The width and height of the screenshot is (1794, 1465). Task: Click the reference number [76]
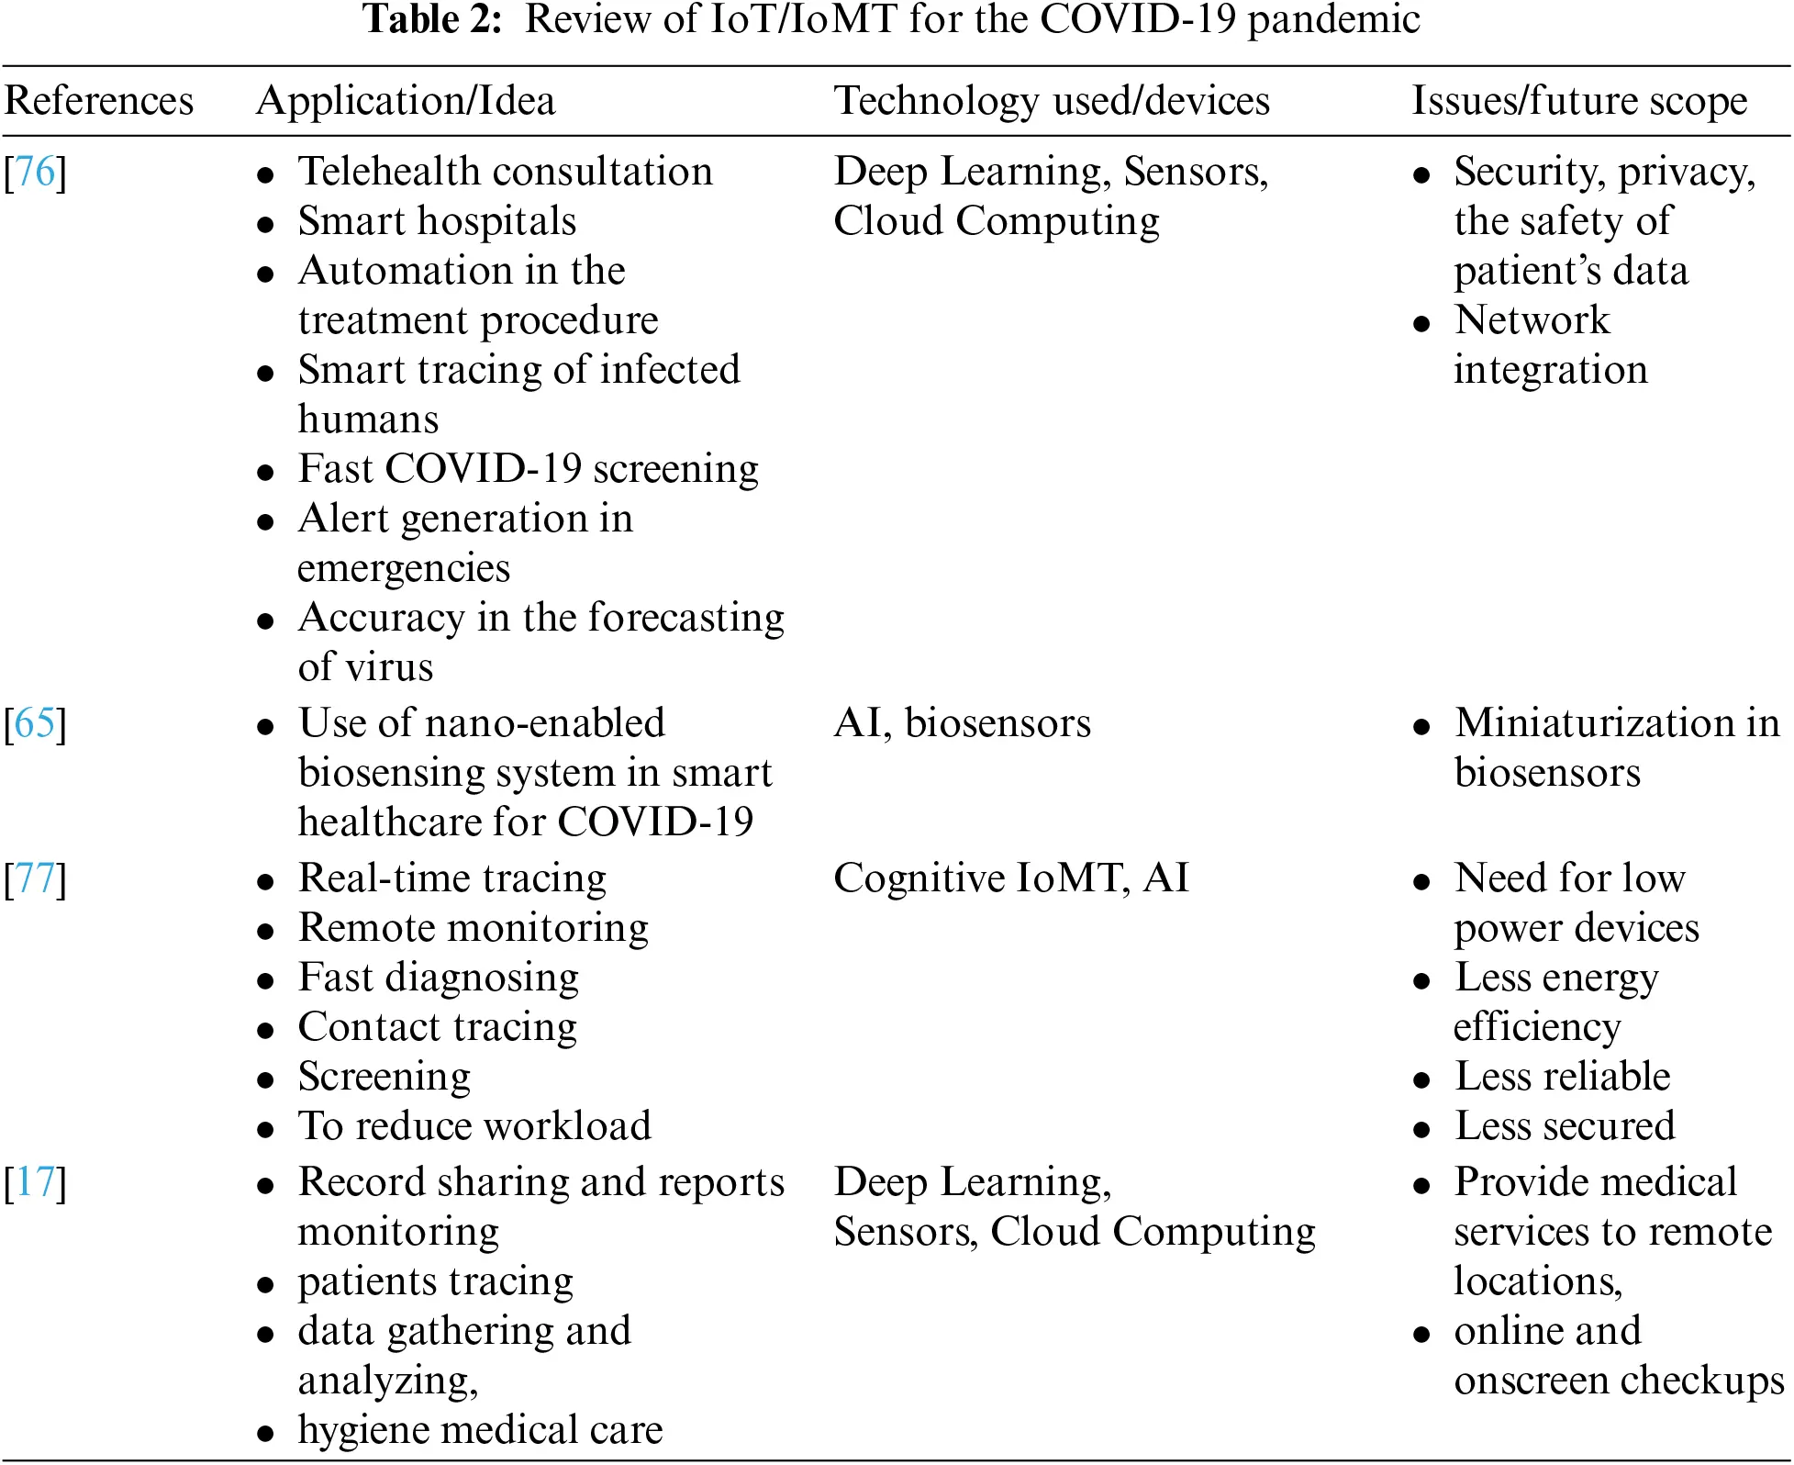[36, 172]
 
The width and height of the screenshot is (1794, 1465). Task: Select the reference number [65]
[36, 723]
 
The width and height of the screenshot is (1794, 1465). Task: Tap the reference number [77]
[36, 878]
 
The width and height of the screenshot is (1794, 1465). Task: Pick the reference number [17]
[36, 1182]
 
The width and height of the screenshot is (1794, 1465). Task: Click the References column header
[99, 101]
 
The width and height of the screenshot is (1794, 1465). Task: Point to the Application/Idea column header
[406, 101]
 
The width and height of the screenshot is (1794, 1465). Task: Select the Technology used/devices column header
[1052, 101]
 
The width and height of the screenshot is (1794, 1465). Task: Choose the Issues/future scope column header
[1578, 101]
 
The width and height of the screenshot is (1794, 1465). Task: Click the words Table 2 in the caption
[432, 19]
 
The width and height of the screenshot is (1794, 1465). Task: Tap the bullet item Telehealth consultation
[505, 172]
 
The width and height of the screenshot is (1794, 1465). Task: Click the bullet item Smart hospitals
[437, 221]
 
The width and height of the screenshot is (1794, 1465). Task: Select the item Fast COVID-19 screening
[528, 469]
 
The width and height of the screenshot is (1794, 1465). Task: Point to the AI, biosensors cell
[963, 723]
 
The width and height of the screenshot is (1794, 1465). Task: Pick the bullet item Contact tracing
[438, 1027]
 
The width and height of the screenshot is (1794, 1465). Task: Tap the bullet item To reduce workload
[474, 1126]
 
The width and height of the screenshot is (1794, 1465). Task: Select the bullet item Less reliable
[1562, 1077]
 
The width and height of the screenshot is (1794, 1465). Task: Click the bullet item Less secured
[1565, 1126]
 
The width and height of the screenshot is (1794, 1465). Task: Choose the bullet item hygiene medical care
[480, 1430]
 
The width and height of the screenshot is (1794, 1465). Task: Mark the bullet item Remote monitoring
[474, 928]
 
